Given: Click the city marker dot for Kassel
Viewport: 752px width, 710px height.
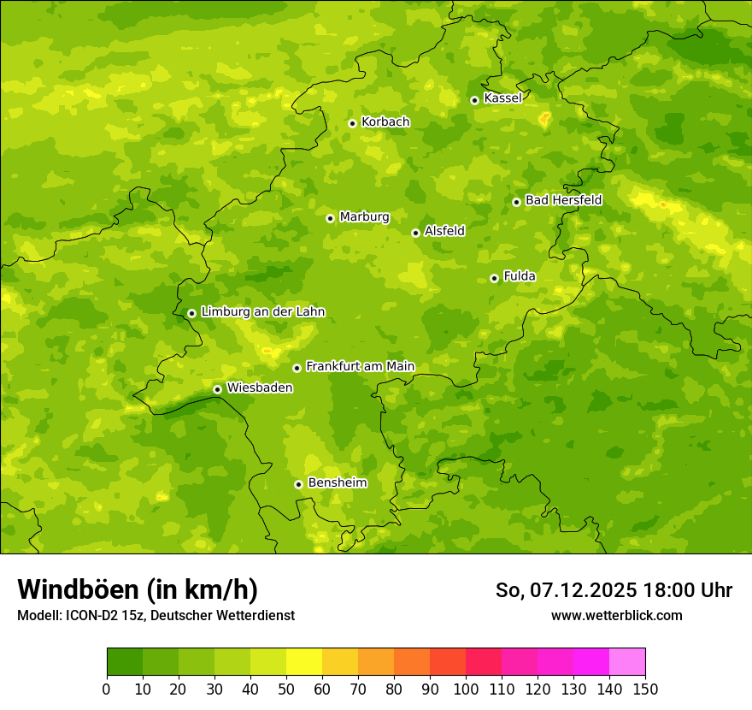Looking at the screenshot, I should [474, 100].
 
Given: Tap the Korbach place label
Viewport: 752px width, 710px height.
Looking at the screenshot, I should [385, 122].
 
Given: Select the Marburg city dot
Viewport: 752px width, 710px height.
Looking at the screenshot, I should [330, 218].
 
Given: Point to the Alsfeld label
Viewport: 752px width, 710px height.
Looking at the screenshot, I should [444, 231].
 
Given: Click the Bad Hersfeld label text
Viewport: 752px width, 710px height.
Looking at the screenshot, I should [563, 200].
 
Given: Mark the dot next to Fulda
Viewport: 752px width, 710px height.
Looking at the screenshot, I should [494, 278].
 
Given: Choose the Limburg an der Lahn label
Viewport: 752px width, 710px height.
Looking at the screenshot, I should [262, 312].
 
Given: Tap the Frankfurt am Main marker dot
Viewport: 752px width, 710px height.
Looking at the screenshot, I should [297, 368].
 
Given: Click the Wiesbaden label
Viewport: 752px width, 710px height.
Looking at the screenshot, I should [259, 388].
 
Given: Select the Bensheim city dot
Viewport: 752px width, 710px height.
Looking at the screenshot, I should [298, 484].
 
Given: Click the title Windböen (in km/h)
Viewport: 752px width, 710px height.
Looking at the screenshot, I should [138, 589].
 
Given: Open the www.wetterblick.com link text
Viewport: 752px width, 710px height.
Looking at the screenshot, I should [616, 616].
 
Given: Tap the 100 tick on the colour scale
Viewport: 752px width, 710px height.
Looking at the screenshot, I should [466, 689].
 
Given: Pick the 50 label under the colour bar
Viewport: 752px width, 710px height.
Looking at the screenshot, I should [286, 689].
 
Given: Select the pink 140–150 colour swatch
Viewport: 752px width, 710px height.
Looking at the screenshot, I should [627, 662].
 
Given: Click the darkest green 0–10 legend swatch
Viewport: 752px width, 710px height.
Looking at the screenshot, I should [125, 662].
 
